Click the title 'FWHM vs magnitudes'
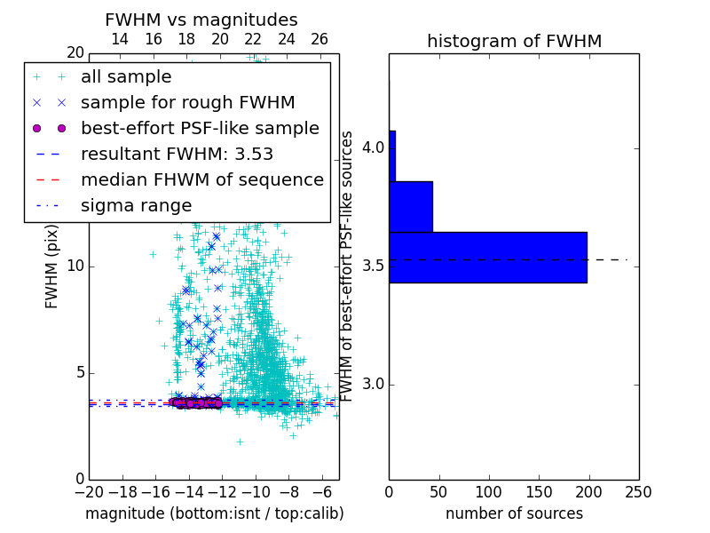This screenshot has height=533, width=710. pyautogui.click(x=201, y=20)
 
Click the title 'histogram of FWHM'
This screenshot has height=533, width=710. pyautogui.click(x=514, y=41)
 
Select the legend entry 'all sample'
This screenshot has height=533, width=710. pyautogui.click(x=126, y=77)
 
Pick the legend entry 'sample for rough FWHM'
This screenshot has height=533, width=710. pyautogui.click(x=187, y=102)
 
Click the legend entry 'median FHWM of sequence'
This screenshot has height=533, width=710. pyautogui.click(x=201, y=179)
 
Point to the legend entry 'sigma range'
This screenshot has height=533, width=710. pyautogui.click(x=136, y=205)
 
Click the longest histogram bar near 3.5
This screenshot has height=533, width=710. pyautogui.click(x=488, y=257)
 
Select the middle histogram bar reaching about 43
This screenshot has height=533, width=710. pyautogui.click(x=411, y=207)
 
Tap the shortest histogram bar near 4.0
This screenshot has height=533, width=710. pyautogui.click(x=392, y=156)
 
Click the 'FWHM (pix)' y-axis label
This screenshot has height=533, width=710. pyautogui.click(x=52, y=264)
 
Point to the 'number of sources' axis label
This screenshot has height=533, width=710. pyautogui.click(x=514, y=513)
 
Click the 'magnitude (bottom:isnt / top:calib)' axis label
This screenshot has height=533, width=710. pyautogui.click(x=214, y=513)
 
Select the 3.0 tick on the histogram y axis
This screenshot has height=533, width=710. pyautogui.click(x=373, y=384)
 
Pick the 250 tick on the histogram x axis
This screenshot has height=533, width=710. pyautogui.click(x=638, y=490)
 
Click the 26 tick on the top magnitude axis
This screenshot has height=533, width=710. pyautogui.click(x=319, y=39)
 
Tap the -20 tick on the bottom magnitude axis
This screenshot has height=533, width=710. pyautogui.click(x=89, y=490)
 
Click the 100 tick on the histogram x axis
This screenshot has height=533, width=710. pyautogui.click(x=489, y=490)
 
